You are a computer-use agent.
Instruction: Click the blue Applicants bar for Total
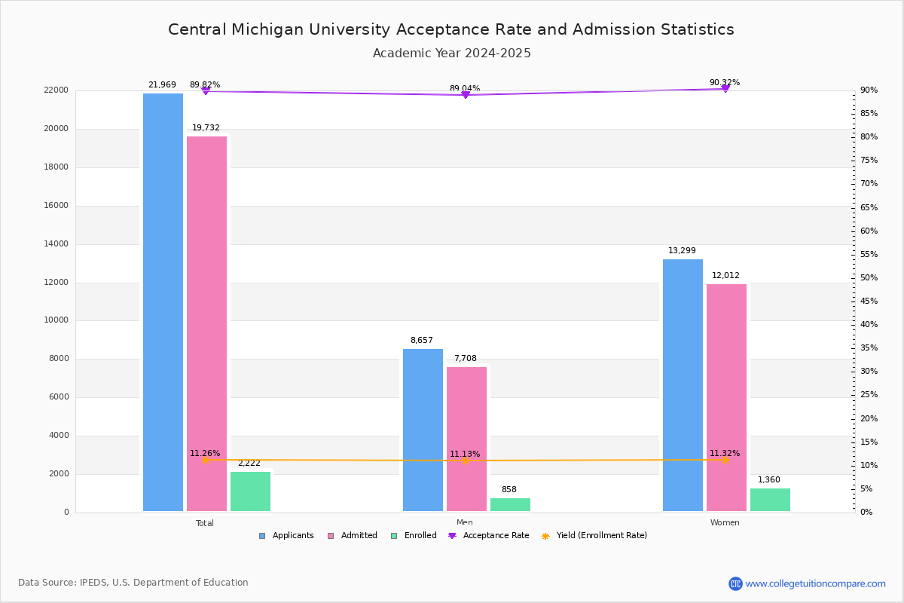(x=163, y=301)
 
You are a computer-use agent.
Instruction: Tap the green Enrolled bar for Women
(x=770, y=500)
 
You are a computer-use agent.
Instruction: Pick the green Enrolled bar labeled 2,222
(x=250, y=491)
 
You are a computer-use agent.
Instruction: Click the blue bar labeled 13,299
(x=683, y=384)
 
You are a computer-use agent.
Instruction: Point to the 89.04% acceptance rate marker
(x=466, y=95)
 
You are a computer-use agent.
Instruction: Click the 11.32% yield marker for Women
(x=725, y=460)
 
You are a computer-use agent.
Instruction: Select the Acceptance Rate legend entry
(x=489, y=536)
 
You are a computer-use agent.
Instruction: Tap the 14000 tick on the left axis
(x=56, y=244)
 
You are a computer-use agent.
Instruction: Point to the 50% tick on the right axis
(x=869, y=278)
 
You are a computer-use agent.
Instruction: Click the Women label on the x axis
(x=725, y=523)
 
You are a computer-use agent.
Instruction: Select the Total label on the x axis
(x=205, y=523)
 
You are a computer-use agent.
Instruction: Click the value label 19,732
(x=206, y=128)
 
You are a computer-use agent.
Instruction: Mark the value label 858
(x=509, y=490)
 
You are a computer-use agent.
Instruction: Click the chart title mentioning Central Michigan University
(x=451, y=29)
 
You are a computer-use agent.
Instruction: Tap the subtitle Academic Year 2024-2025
(x=451, y=54)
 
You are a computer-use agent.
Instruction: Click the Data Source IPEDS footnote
(x=133, y=583)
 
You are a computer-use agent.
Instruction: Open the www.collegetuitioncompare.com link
(x=815, y=583)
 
